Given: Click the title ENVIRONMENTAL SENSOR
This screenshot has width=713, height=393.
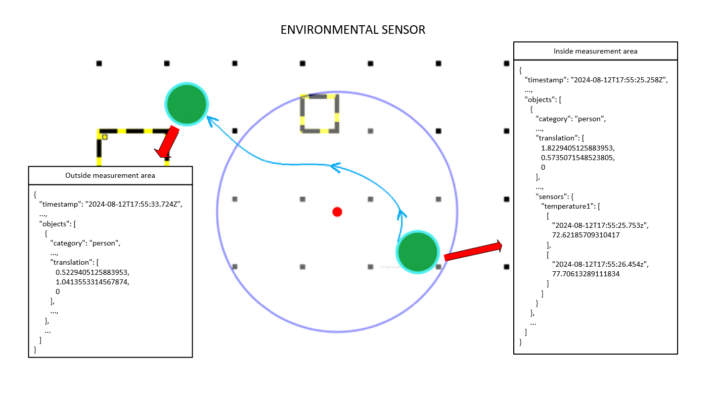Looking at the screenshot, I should (352, 30).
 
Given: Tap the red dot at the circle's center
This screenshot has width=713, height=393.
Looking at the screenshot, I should (337, 212).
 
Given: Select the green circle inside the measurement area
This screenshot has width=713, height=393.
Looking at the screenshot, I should (417, 252).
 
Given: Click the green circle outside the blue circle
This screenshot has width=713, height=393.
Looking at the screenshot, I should (187, 104).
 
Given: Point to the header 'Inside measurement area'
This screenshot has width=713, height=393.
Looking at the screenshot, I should (595, 51).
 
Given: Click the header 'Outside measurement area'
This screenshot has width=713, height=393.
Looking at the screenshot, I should (110, 175).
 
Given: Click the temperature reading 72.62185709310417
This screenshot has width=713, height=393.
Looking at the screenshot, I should (586, 235).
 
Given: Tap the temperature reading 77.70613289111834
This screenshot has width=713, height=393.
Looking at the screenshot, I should (586, 274).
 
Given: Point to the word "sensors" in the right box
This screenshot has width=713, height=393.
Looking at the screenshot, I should (552, 196).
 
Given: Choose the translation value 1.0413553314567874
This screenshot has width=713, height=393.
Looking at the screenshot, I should (93, 282).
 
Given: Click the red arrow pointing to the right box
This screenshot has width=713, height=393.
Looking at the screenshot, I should (473, 251).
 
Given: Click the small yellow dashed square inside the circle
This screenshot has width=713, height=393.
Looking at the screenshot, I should (320, 114).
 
